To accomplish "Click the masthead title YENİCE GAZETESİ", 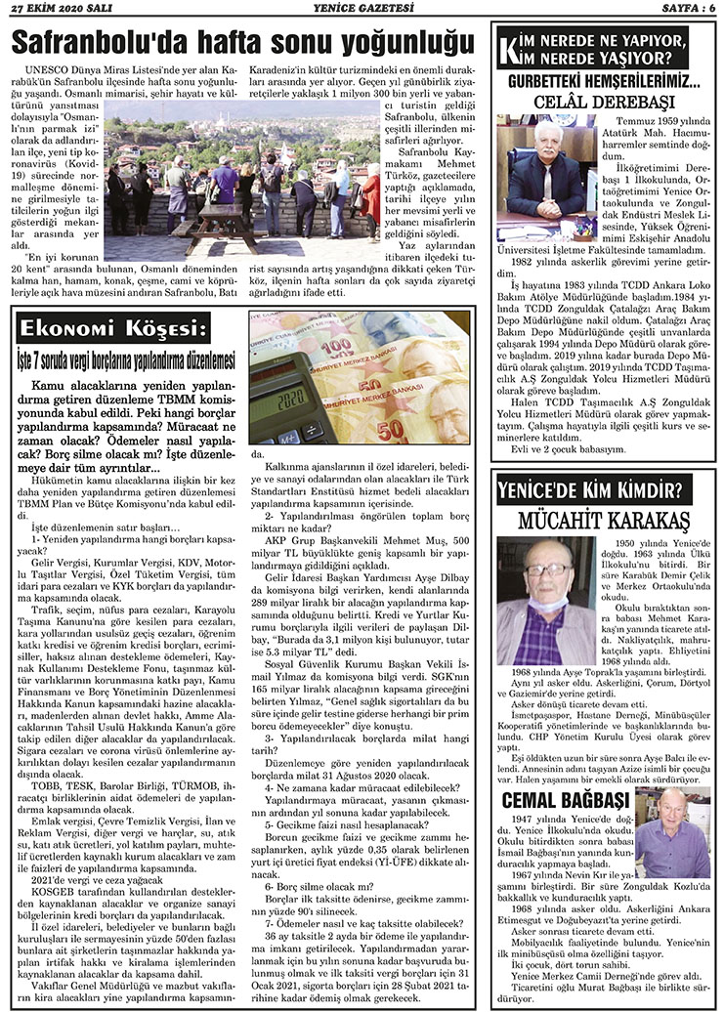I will pos(361,9).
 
